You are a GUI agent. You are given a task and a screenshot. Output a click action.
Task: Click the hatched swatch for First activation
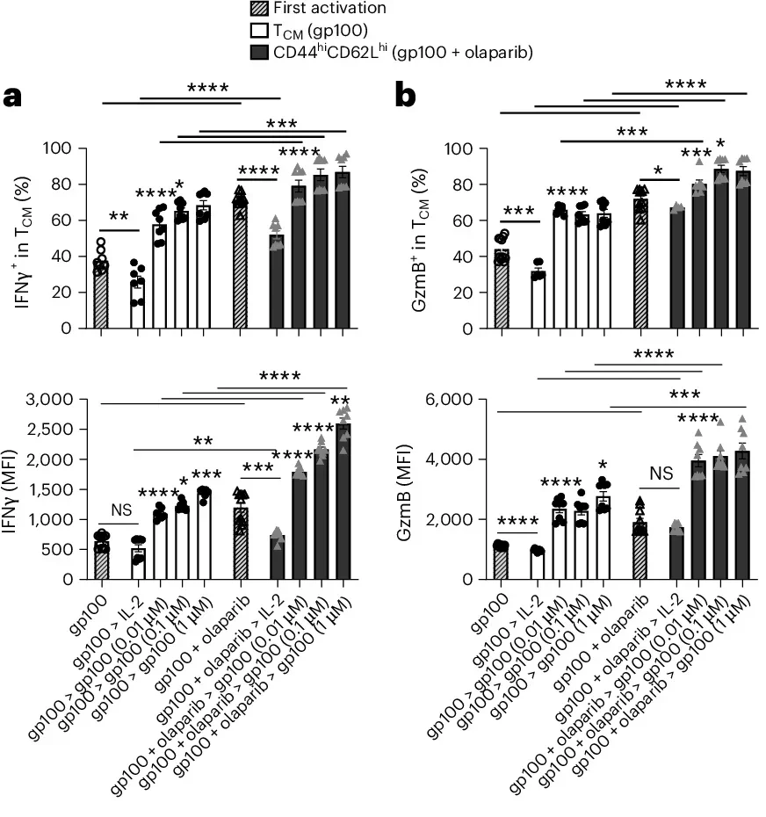(x=258, y=9)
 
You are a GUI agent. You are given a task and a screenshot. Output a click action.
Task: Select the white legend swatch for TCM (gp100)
(x=258, y=31)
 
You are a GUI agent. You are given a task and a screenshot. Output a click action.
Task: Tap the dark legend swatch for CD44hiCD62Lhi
(x=258, y=53)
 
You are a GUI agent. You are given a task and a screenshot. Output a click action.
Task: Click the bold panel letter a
(x=14, y=96)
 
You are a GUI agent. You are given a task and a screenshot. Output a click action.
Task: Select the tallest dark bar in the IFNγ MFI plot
(x=342, y=501)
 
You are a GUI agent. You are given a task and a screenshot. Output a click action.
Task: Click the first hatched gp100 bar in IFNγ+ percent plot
(x=101, y=294)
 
